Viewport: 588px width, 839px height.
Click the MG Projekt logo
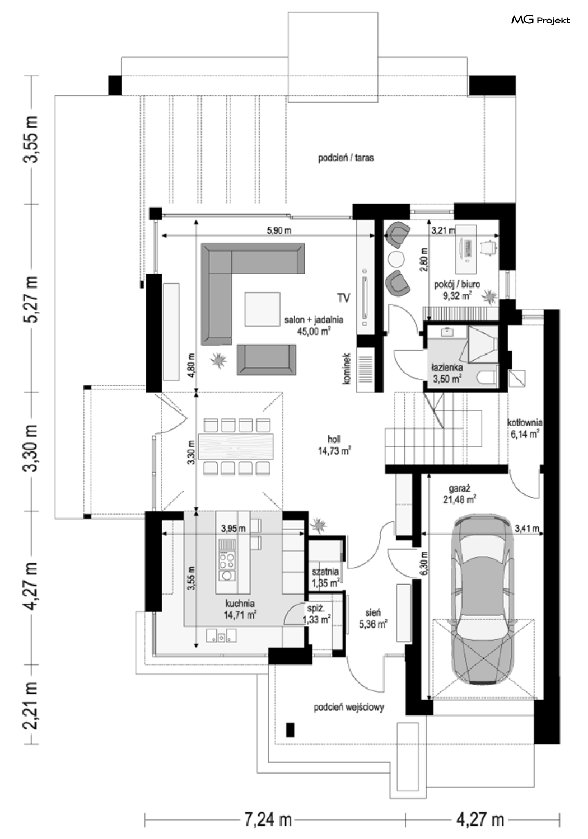pyautogui.click(x=540, y=20)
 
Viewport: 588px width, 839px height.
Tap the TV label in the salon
pyautogui.click(x=343, y=298)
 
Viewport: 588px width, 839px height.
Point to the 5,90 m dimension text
pyautogui.click(x=279, y=230)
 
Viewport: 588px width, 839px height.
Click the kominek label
pyautogui.click(x=347, y=368)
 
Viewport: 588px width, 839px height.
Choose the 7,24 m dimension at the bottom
pyautogui.click(x=268, y=819)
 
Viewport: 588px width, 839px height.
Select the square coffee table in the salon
pyautogui.click(x=263, y=309)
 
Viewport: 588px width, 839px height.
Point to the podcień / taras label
pyautogui.click(x=346, y=158)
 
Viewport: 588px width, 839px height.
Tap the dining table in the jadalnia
pyautogui.click(x=236, y=446)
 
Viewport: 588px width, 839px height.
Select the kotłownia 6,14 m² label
pyautogui.click(x=525, y=428)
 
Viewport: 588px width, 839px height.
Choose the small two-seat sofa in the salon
pyautogui.click(x=266, y=360)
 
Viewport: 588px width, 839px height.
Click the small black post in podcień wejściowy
pyautogui.click(x=290, y=730)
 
